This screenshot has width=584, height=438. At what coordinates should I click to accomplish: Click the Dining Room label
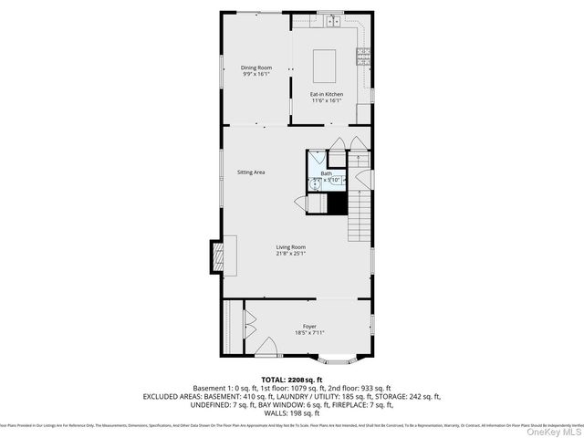[256, 68]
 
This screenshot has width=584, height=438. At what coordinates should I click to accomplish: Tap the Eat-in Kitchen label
[327, 94]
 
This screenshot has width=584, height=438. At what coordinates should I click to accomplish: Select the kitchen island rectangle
[327, 66]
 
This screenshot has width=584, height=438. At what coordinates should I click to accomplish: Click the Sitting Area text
[251, 172]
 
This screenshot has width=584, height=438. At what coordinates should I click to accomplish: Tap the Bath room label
[326, 172]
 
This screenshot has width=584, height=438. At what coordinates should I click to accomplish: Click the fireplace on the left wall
[219, 255]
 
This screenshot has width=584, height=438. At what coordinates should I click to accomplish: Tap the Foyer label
[310, 325]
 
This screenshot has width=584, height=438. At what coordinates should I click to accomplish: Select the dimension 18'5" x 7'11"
[310, 332]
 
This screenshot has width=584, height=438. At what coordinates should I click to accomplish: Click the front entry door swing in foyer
[269, 348]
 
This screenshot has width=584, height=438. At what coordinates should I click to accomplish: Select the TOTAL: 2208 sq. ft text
[291, 379]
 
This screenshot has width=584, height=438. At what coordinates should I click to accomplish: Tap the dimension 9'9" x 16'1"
[256, 75]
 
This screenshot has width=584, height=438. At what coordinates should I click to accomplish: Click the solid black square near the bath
[338, 204]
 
